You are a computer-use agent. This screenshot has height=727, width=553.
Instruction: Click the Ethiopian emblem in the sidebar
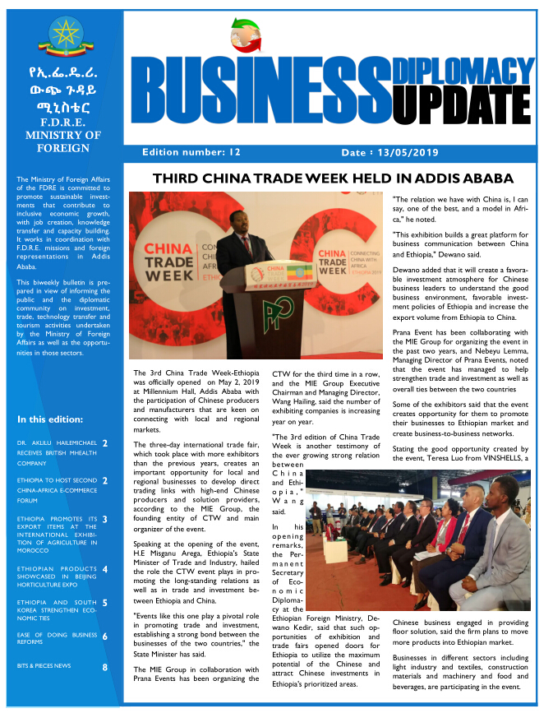pos(62,36)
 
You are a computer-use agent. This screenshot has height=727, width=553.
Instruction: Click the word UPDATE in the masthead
pos(463,100)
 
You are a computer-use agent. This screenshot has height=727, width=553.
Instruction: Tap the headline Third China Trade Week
pos(333,178)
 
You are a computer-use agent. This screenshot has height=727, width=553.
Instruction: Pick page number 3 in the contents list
pos(105,519)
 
